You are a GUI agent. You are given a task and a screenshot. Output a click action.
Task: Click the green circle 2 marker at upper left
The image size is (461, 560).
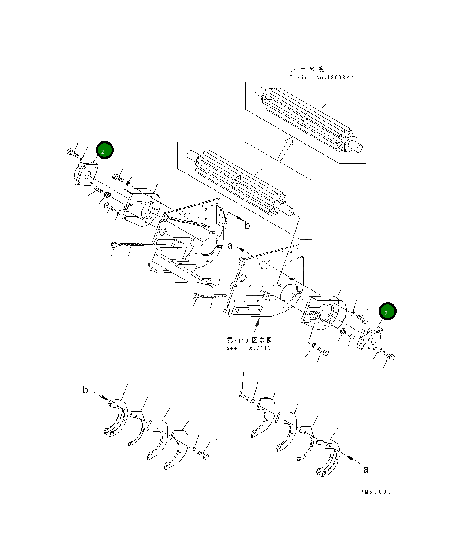click(x=104, y=151)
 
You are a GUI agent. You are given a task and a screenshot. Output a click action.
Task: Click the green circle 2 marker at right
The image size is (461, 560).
click(x=387, y=312)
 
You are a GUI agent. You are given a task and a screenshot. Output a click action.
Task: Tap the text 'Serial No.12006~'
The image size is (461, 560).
click(x=321, y=78)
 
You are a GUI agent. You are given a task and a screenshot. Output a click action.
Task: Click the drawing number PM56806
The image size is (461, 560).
click(x=375, y=492)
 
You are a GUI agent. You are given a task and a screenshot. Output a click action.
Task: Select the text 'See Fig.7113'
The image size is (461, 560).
click(x=249, y=348)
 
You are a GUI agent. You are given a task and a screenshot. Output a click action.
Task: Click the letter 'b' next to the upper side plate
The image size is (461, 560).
click(x=247, y=226)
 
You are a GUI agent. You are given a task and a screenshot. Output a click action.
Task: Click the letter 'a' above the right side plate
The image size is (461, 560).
click(x=230, y=246)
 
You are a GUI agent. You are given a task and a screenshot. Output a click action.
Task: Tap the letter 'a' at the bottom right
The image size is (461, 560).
click(x=365, y=470)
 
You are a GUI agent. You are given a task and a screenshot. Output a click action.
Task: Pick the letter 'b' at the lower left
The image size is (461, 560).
click(x=85, y=390)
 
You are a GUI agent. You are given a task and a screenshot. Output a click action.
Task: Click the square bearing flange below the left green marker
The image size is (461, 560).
click(x=85, y=175)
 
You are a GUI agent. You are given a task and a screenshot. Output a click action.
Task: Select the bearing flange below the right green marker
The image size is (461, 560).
click(x=370, y=340)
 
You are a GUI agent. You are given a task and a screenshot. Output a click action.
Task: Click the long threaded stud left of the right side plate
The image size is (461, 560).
click(x=213, y=296)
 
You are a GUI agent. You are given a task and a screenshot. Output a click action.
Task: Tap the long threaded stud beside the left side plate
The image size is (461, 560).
click(x=131, y=244)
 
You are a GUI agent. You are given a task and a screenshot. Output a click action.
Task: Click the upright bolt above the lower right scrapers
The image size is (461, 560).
click(x=243, y=395)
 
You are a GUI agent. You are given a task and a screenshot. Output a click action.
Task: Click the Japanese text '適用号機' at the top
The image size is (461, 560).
click(x=307, y=69)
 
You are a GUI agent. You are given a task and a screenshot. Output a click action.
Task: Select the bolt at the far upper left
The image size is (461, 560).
click(x=72, y=153)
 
